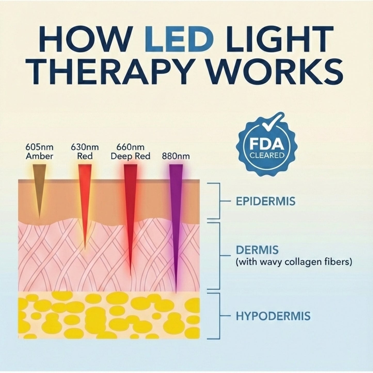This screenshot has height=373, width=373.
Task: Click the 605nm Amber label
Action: [x=39, y=152]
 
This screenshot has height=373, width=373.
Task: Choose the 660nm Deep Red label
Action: [x=130, y=152]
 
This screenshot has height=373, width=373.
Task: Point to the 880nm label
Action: [x=176, y=156]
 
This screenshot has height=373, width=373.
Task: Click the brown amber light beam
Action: [x=39, y=188]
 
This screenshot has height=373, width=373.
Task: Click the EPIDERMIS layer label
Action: [x=266, y=201]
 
